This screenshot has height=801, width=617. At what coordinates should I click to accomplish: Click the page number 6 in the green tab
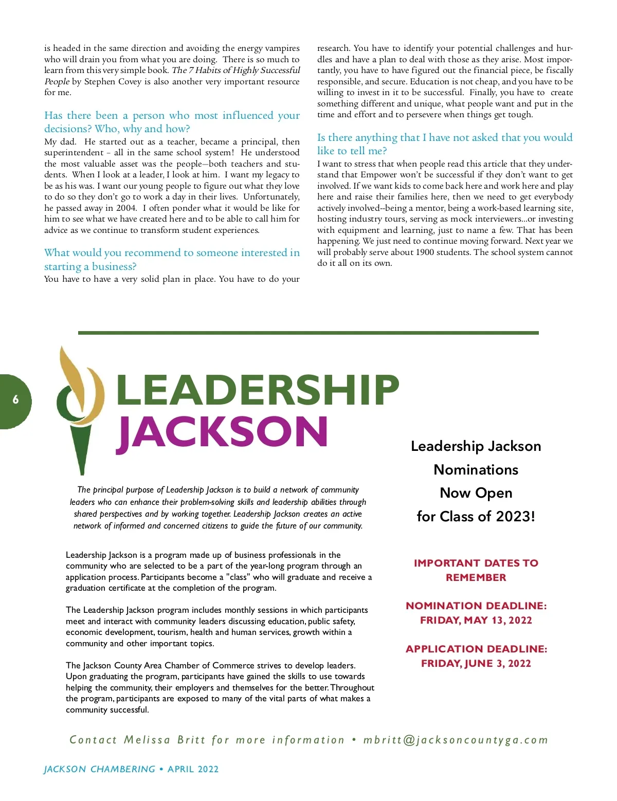click(15, 399)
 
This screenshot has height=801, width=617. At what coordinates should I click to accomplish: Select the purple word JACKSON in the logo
click(222, 432)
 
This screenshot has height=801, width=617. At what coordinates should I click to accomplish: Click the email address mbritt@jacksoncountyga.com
click(456, 740)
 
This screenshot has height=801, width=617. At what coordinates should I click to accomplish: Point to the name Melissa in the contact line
click(147, 740)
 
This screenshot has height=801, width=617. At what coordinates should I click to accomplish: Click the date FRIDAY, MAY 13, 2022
click(476, 620)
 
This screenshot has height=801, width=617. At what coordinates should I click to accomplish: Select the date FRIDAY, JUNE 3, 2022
click(476, 663)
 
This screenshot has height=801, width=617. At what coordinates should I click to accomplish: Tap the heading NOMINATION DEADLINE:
click(476, 606)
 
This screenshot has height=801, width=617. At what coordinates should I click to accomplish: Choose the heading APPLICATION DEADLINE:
click(476, 649)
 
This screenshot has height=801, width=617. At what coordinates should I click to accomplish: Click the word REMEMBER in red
click(476, 577)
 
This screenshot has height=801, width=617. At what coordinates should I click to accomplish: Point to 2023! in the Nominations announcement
click(516, 516)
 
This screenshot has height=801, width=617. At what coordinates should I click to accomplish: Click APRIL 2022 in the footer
click(193, 769)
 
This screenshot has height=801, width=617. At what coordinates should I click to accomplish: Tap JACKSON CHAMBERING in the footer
click(99, 769)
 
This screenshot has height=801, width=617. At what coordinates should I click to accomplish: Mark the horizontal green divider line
click(308, 333)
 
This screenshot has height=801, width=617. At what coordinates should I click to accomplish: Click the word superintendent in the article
click(74, 153)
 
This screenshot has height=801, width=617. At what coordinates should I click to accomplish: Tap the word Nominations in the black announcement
click(476, 469)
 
